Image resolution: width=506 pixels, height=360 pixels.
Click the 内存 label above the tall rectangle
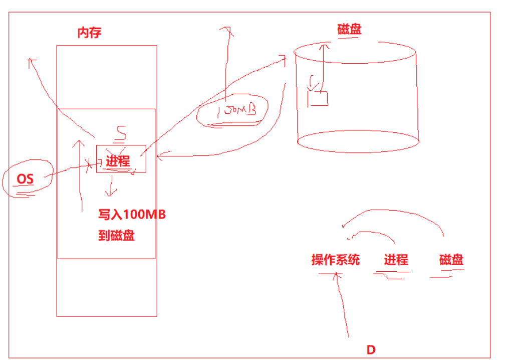(90, 33)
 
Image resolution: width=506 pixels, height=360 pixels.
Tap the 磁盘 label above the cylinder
(350, 29)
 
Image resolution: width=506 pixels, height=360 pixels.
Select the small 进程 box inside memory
(121, 159)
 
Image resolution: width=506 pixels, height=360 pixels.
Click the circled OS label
(25, 178)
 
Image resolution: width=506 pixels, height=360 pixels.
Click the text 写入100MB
(132, 215)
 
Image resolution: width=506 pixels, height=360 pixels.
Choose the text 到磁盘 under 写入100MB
(116, 236)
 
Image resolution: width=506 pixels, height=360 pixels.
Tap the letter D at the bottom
(371, 349)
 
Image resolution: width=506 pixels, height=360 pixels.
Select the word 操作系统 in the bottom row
(335, 260)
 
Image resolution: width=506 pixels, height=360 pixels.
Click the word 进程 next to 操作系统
(396, 260)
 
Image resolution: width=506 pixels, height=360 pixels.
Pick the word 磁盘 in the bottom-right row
(451, 260)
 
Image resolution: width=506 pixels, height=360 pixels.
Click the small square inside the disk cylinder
(318, 98)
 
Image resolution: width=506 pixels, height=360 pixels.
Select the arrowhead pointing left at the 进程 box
(160, 157)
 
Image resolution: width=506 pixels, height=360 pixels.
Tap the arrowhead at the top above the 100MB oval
(229, 30)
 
